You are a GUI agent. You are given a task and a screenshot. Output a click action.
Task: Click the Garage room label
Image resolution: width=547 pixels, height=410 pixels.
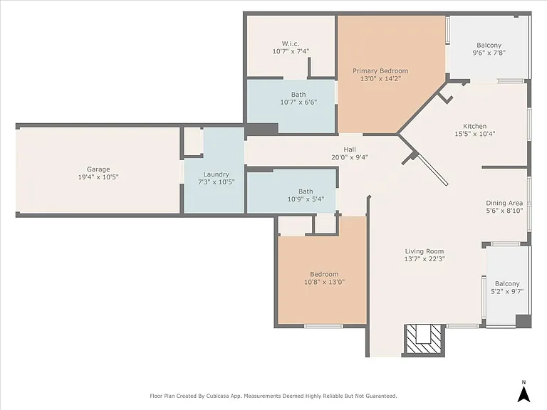point(98,169)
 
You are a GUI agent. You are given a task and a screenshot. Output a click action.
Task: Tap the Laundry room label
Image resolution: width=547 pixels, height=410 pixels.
point(217,174)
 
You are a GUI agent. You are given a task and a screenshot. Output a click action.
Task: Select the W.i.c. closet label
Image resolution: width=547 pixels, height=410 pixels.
point(291,43)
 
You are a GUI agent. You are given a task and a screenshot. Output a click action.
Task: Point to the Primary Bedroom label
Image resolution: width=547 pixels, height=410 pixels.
point(380,70)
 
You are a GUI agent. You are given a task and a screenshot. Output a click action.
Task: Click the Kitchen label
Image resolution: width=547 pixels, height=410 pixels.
point(475,126)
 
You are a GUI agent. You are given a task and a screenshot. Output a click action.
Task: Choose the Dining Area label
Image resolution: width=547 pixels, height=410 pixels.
point(504,203)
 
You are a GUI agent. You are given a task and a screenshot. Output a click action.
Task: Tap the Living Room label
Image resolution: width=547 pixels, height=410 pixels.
point(424,251)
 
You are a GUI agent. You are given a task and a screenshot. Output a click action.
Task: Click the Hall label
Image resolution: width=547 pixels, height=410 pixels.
point(350,149)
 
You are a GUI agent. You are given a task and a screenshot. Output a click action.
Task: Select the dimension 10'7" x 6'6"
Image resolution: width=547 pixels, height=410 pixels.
point(298,102)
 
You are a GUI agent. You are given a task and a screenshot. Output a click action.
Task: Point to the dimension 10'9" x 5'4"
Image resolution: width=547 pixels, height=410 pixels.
point(306,199)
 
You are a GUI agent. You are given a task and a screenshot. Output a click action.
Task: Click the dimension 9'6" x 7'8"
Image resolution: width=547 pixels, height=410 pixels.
point(489,53)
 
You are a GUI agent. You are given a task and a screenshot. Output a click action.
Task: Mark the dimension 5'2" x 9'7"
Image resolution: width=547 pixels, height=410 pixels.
point(507,291)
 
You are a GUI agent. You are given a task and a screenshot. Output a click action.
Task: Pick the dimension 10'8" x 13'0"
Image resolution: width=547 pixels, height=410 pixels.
point(325,282)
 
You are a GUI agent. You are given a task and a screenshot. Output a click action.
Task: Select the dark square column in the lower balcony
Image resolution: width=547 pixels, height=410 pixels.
point(523,321)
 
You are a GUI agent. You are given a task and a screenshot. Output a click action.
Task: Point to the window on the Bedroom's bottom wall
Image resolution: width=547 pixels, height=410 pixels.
point(324,326)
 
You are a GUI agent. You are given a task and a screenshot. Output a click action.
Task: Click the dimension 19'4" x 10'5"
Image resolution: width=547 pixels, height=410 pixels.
point(98,177)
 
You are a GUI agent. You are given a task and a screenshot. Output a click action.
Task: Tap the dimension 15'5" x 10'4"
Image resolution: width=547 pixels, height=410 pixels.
point(475,134)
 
